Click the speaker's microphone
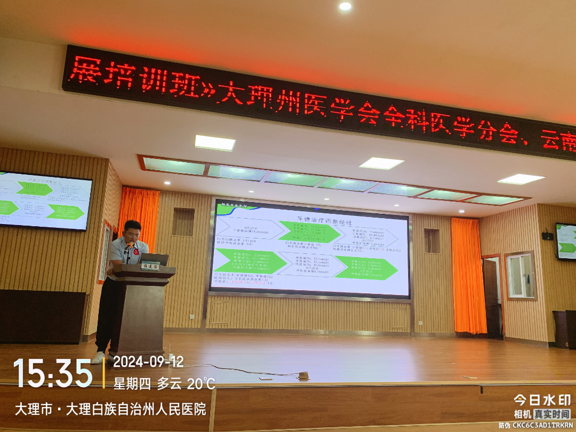tap(129, 246)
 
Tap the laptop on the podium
tap(155, 259)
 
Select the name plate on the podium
tap(150, 267)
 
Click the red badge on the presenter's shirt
tap(137, 251)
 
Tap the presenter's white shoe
tap(99, 357)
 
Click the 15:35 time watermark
tap(52, 373)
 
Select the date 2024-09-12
tap(148, 362)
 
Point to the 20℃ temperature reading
tap(201, 383)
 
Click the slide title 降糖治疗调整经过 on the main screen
tap(325, 220)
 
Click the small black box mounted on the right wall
tap(547, 235)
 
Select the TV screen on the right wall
tap(565, 241)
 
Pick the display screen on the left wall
tap(45, 201)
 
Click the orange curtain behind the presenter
tap(139, 213)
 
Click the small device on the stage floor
tap(303, 375)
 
